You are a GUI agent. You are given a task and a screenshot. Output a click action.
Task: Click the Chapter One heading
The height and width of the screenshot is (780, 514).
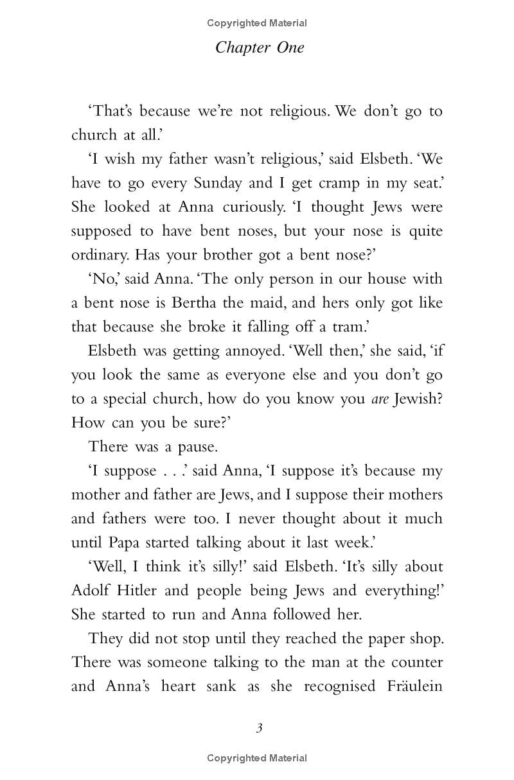(x=260, y=48)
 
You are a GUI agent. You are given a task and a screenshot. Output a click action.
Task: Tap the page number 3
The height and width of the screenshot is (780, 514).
(x=259, y=727)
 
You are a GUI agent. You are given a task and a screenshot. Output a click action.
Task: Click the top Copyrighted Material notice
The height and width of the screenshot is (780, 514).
(x=257, y=23)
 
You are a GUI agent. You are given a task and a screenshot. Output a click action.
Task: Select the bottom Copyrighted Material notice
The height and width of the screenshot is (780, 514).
(x=257, y=758)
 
